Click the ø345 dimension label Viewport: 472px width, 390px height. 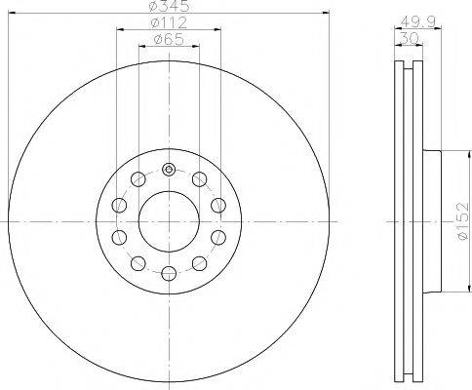click(x=168, y=7)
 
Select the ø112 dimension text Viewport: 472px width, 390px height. click(x=168, y=23)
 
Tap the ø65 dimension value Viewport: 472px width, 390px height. click(x=168, y=39)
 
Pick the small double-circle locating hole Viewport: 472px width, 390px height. click(x=168, y=170)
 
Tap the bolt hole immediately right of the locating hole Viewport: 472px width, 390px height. click(x=199, y=178)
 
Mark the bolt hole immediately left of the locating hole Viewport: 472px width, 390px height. click(x=138, y=178)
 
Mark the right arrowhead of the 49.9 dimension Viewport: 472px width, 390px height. click(x=437, y=29)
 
